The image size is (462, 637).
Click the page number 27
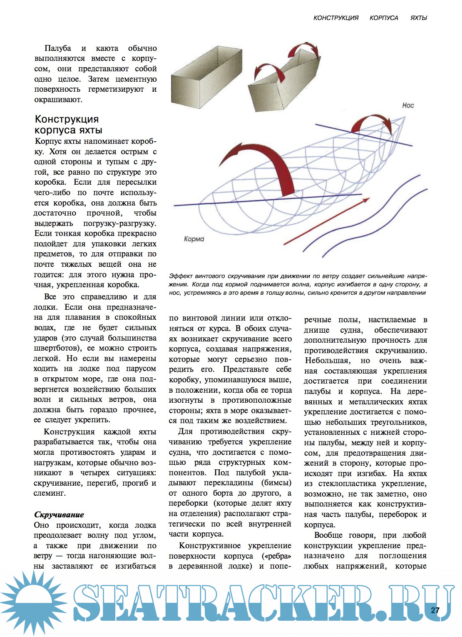[435, 610]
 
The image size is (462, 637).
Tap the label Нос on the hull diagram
[408, 105]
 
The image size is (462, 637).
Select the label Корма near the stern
[194, 239]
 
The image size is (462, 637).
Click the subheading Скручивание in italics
[59, 515]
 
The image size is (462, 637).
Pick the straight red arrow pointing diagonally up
[327, 221]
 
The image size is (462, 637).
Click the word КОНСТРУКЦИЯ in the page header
[336, 18]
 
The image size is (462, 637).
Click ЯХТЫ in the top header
[419, 18]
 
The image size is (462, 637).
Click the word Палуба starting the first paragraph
[58, 48]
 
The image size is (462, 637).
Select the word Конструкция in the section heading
[67, 119]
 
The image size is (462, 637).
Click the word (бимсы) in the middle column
[276, 483]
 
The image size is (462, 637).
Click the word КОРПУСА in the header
[384, 18]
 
